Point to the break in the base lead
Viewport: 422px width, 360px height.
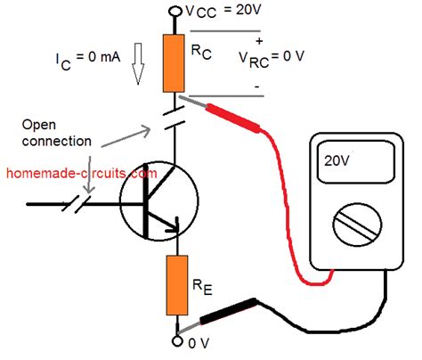click(71, 203)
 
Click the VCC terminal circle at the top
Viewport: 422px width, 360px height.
click(174, 12)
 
